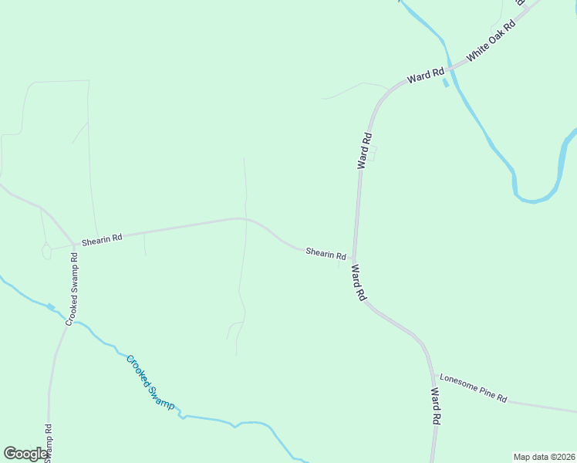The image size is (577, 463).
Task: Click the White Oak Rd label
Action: [x=491, y=41]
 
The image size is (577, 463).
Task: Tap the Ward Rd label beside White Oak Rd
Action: [x=427, y=76]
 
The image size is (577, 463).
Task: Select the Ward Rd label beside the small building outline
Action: [x=365, y=150]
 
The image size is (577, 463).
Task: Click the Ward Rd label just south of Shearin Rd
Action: [x=359, y=282]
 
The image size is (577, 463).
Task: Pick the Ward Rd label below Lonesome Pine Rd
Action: [x=435, y=407]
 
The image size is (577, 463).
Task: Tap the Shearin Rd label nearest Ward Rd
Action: [x=325, y=252]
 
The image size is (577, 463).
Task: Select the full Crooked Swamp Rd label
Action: [x=72, y=287]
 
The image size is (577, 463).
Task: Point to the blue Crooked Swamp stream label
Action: [x=150, y=382]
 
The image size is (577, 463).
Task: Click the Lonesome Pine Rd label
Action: [x=473, y=387]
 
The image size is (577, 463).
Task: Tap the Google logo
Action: [x=25, y=454]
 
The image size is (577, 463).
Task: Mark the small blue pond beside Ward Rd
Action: [x=445, y=83]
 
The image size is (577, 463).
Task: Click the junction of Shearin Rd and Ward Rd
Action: [x=354, y=259]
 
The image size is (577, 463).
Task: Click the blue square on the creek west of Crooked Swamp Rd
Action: [x=51, y=307]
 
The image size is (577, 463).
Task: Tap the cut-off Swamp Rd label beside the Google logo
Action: [x=48, y=443]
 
